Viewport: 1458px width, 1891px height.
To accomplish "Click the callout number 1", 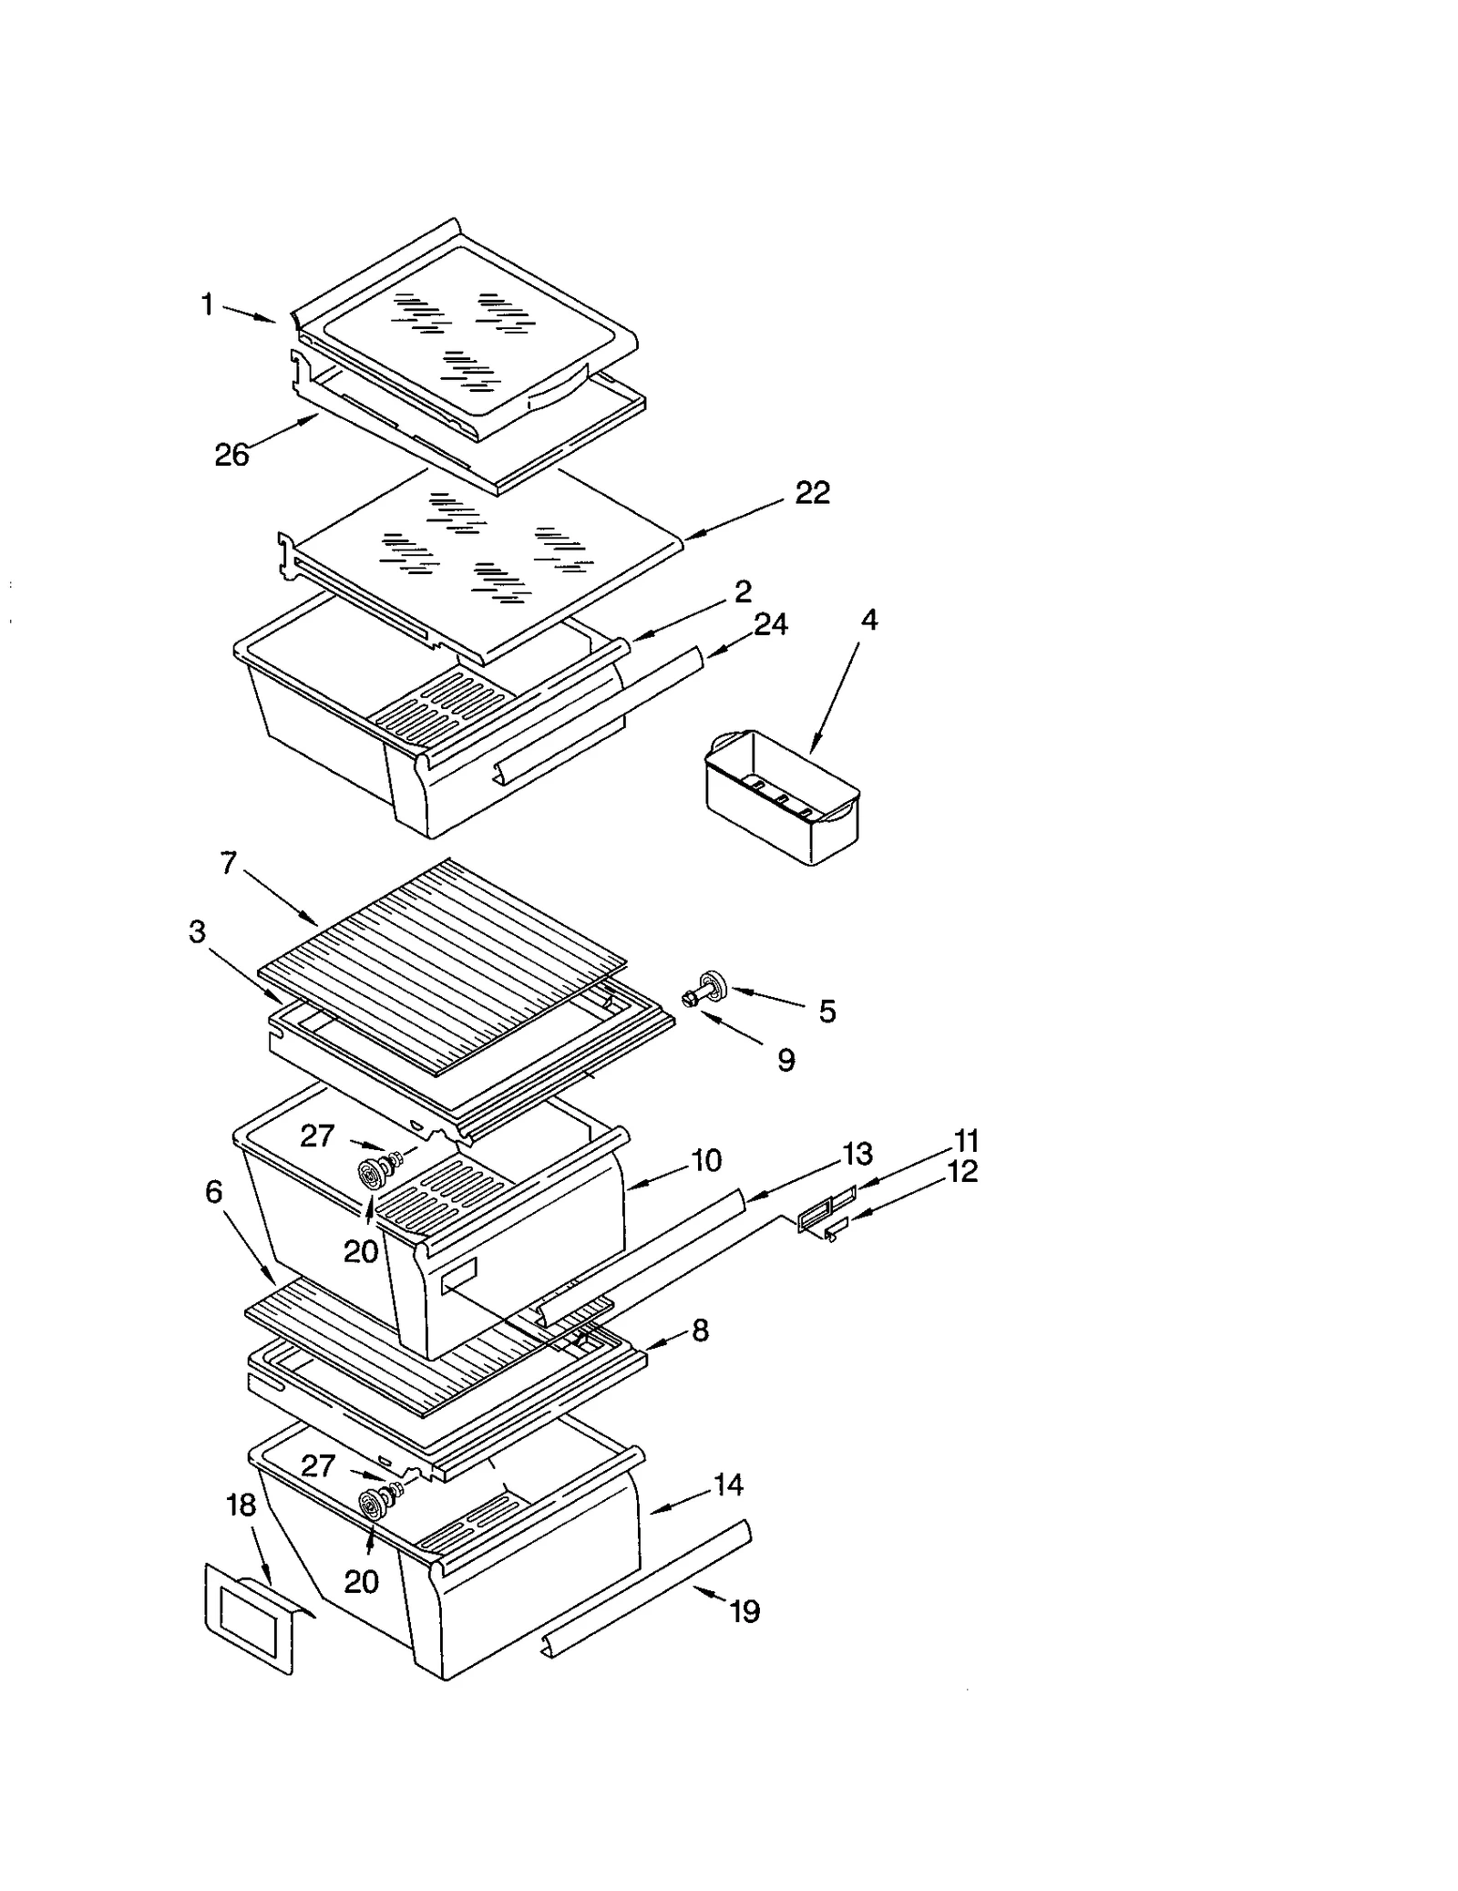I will click(x=208, y=305).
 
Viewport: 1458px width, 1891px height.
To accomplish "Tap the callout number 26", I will click(x=231, y=455).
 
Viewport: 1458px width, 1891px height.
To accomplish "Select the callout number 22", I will click(x=812, y=493).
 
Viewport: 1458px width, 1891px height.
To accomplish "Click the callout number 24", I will click(x=771, y=624).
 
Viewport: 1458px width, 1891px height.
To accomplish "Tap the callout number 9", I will click(x=785, y=1060).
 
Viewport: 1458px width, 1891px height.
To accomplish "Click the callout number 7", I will click(x=229, y=863).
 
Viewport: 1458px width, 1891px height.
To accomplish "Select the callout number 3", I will click(x=197, y=932).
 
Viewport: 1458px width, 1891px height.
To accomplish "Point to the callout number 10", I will click(x=706, y=1160).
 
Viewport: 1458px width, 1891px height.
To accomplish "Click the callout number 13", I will click(x=857, y=1154).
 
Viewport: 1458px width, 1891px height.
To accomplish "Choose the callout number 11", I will click(x=966, y=1141).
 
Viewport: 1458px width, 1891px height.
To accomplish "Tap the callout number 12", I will click(x=962, y=1171).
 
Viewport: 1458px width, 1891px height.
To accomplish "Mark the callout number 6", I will click(x=213, y=1191).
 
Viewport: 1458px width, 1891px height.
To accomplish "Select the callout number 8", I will click(x=700, y=1331).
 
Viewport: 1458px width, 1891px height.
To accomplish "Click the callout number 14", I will click(x=727, y=1485).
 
